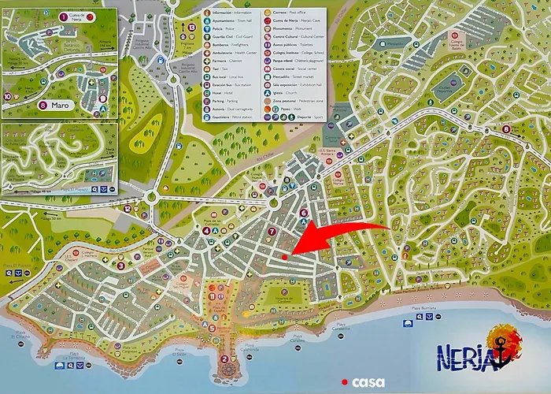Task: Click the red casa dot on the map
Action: click(x=284, y=256)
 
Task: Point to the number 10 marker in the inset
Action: click(x=8, y=97)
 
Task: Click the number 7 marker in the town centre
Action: click(x=272, y=232)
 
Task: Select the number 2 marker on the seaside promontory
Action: click(x=225, y=360)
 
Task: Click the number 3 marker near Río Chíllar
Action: click(x=120, y=266)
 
